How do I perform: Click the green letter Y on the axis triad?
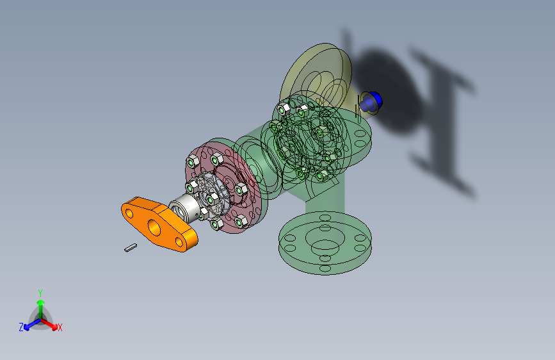pos(40,292)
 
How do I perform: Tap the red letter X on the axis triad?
pos(60,327)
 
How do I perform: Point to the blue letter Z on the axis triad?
pos(21,327)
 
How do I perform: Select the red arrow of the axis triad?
pos(52,324)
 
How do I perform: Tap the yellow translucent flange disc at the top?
pos(314,72)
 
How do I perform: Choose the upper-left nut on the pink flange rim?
pos(192,160)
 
